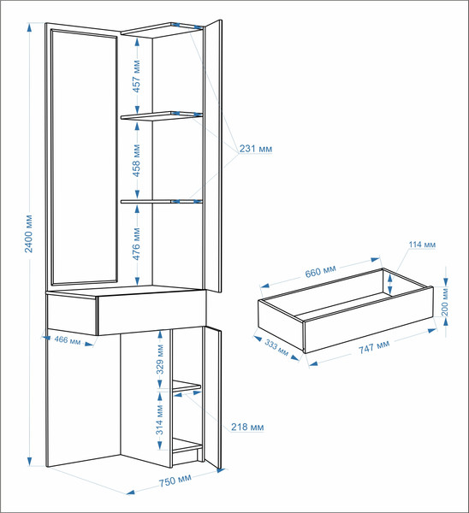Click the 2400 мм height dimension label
coord(29,233)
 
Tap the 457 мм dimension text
coord(137,76)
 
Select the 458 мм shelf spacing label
coord(137,161)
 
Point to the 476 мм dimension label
coord(137,244)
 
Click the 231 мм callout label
coord(256,149)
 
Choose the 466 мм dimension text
coord(68,340)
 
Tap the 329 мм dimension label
coord(160,359)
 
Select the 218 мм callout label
coord(247,427)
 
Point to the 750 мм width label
coord(175,481)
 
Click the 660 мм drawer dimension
coord(321,271)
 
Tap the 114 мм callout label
coord(422,245)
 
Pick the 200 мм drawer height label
coord(444,304)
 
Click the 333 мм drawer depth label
coord(276,348)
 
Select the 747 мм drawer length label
coord(374,346)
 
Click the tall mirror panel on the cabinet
coord(84,156)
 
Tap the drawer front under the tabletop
coord(152,313)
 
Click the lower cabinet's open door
coord(213,398)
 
